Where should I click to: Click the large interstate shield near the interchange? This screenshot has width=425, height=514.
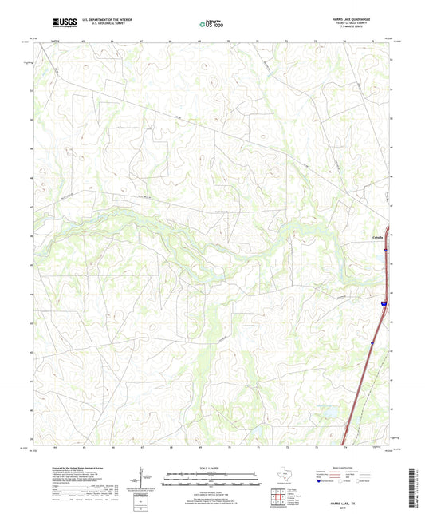coord(384,304)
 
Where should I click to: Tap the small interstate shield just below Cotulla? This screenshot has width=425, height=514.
coord(385,251)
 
